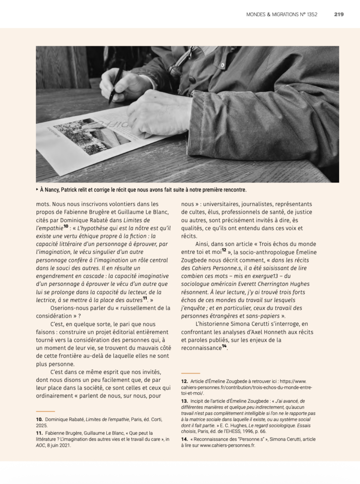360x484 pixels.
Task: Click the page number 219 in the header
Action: (338, 14)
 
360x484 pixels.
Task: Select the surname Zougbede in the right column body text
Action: (197, 260)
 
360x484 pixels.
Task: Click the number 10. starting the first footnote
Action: (40, 419)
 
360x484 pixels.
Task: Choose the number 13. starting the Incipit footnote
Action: (185, 401)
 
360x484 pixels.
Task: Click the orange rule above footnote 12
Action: (190, 373)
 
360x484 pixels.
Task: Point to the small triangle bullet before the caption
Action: (38, 190)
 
